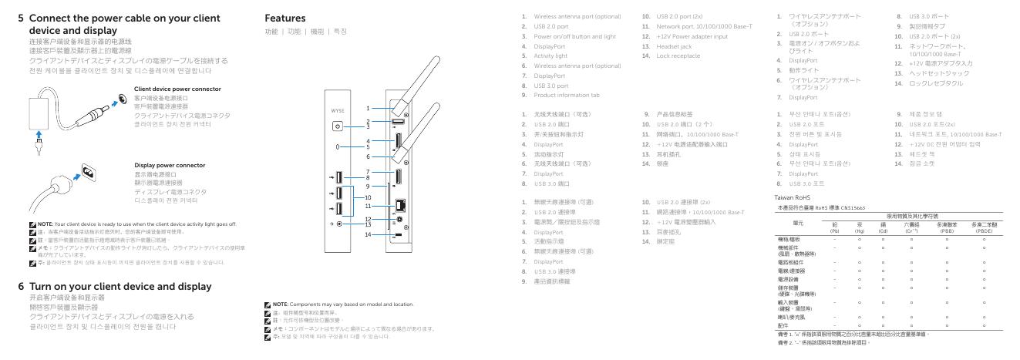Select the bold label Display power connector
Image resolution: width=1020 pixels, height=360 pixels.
[167, 164]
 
